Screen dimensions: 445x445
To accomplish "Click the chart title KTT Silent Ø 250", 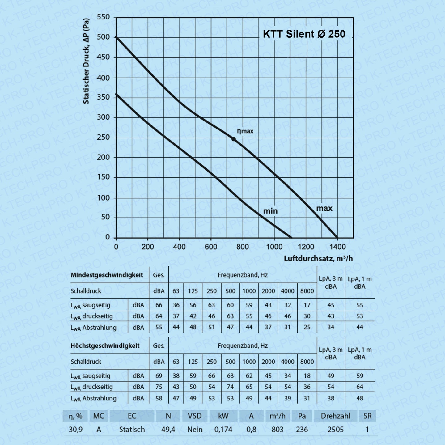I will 304,34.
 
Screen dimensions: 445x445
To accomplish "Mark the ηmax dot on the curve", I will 233,139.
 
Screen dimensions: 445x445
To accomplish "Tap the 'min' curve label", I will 270,211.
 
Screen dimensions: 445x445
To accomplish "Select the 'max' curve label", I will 324,208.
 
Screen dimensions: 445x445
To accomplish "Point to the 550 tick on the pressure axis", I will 103,17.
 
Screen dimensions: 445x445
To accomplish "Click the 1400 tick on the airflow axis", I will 337,247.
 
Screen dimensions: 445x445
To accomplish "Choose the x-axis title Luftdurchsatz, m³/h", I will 318,258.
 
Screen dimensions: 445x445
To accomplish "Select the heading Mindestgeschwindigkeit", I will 107,275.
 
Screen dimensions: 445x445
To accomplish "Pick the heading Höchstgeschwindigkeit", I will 105,346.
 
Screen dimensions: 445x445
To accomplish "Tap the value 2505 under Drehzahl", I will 335,430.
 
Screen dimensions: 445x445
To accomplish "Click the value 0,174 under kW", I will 223,430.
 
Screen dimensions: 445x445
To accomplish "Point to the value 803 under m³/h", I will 277,430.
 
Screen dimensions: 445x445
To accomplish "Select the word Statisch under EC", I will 132,430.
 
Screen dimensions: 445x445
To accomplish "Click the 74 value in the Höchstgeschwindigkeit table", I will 230,387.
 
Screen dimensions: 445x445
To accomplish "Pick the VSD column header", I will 195,416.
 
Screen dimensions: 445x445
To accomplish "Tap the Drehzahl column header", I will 336,416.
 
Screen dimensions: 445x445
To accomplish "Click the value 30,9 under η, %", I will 76,430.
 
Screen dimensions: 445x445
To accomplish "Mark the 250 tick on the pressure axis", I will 103,137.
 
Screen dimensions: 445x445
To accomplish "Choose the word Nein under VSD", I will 195,430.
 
